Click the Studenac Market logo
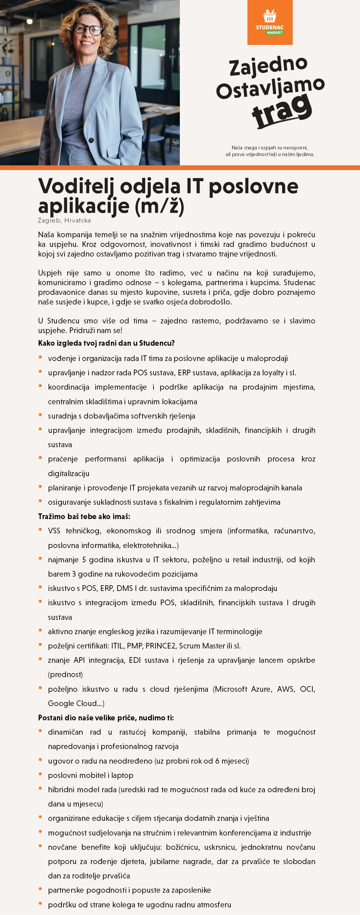coord(270,22)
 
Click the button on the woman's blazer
coord(91,140)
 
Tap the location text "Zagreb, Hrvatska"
coord(64,221)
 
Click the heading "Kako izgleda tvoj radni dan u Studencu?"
coord(106,343)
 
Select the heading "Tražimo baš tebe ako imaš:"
coord(84,516)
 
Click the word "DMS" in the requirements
coord(124,588)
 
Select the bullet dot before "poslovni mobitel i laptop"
coord(41,774)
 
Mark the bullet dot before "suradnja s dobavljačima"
coord(41,415)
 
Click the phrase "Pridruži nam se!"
coord(96,330)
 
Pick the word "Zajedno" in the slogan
coord(268,66)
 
